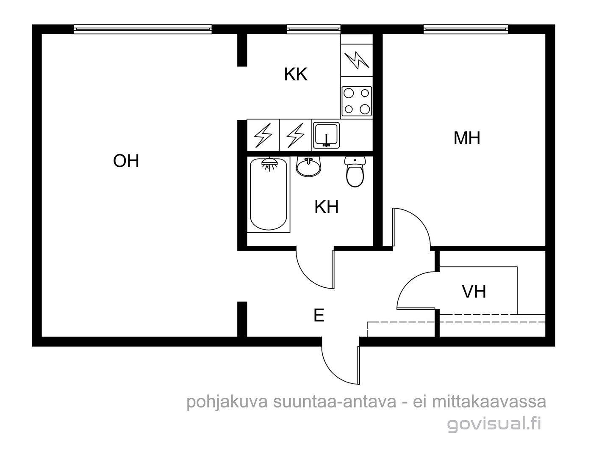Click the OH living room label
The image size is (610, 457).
[126, 161]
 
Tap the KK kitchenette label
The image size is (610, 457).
[296, 74]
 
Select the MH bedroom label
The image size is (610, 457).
[467, 138]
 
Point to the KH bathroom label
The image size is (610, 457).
[327, 207]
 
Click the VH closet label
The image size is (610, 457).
[474, 292]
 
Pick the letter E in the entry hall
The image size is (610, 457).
[319, 315]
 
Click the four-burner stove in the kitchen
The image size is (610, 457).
[357, 101]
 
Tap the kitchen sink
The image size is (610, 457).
[327, 135]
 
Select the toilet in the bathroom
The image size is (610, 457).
[355, 171]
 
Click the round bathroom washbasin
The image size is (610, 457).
[308, 167]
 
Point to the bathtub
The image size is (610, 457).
[269, 194]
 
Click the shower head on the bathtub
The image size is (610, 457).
[269, 164]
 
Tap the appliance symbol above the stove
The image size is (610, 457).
[357, 60]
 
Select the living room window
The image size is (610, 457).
[143, 29]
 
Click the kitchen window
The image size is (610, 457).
[313, 29]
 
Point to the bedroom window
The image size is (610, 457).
[466, 29]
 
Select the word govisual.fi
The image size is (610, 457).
[494, 424]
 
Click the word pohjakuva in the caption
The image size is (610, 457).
[227, 402]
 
